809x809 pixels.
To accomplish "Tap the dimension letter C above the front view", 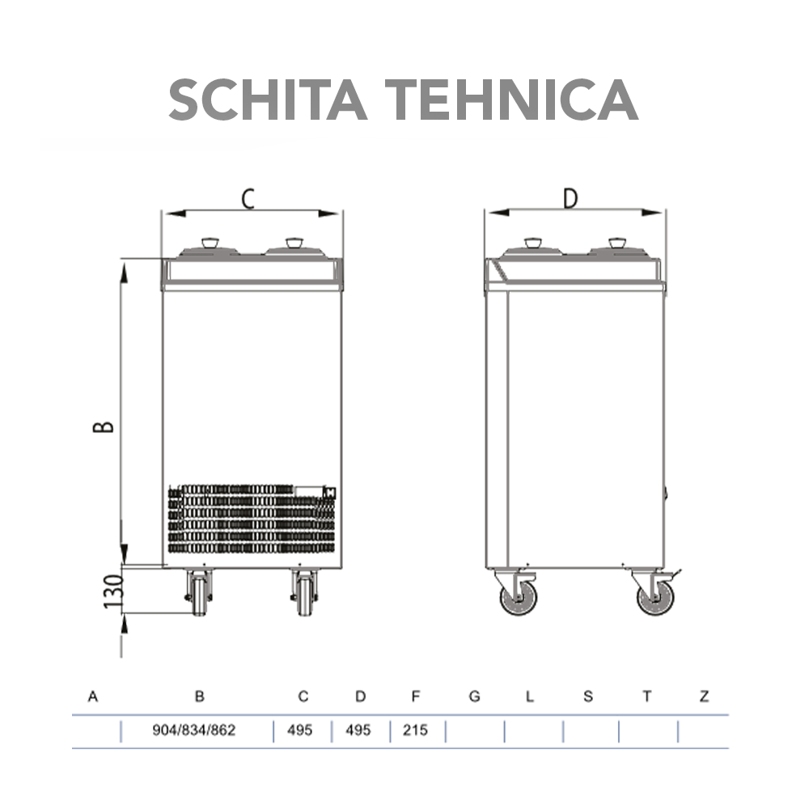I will point(249,198).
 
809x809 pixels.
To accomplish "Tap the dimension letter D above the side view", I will point(571,198).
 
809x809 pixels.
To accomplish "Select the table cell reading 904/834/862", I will point(194,731).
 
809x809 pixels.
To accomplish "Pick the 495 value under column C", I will point(300,731).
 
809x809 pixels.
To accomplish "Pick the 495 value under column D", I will point(358,731).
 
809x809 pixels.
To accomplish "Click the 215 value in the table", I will point(415,731).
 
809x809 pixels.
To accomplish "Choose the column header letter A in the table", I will point(93,697).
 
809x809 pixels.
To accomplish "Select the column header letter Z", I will point(704,697).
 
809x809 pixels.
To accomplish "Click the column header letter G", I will point(474,697).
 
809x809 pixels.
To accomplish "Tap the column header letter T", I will point(647,697).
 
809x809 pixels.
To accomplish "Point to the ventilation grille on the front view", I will point(251,518).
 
